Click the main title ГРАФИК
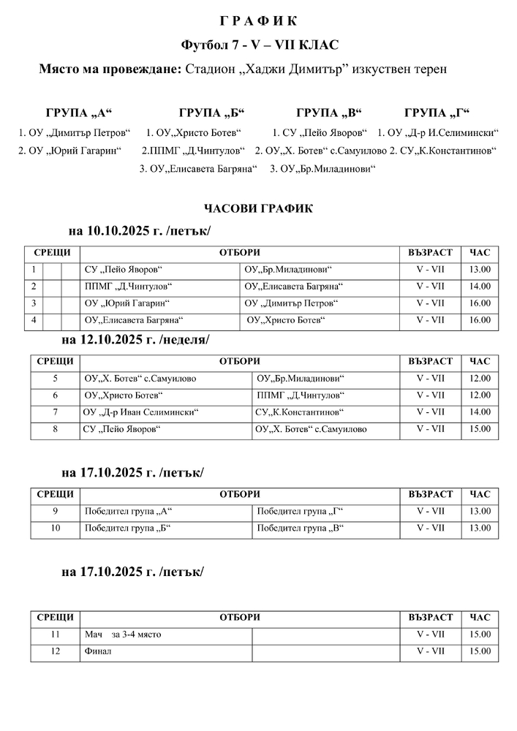tap(258, 19)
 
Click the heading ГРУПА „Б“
tap(211, 113)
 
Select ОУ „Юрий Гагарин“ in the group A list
tap(69, 151)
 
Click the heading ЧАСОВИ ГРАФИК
tap(258, 209)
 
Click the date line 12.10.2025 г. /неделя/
tap(135, 340)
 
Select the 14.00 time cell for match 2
tap(480, 287)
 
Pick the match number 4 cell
tap(34, 320)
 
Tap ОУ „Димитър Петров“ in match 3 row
tap(292, 303)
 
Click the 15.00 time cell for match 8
tap(480, 429)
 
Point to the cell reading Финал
tap(98, 651)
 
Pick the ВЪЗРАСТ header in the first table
tap(430, 253)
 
